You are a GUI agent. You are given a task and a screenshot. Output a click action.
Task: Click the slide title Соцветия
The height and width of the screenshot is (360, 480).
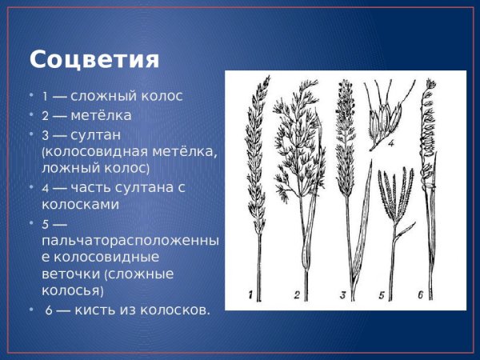94,60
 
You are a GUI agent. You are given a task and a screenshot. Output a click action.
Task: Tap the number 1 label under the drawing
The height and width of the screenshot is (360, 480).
251,296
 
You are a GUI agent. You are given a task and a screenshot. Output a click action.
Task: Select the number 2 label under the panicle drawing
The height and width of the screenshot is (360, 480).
296,296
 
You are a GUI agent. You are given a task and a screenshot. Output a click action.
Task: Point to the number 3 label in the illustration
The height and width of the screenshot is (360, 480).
342,296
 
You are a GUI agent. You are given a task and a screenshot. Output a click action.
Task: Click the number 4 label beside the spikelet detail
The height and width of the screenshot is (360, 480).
392,144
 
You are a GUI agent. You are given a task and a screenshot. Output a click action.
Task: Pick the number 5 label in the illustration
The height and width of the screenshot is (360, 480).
382,296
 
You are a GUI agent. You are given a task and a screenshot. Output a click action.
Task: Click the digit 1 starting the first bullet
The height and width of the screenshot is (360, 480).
45,97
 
